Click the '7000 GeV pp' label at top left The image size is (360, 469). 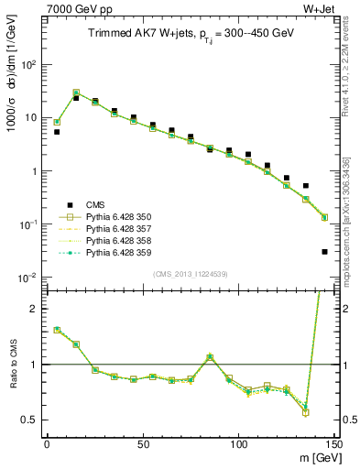[x=71, y=10]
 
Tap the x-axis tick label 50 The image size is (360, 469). [x=143, y=443]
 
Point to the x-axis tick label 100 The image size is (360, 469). [x=238, y=443]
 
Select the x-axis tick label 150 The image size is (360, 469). [x=333, y=443]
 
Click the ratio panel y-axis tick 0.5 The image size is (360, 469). [x=30, y=420]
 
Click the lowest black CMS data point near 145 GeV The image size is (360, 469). [x=324, y=252]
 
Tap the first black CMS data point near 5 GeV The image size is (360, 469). [x=57, y=132]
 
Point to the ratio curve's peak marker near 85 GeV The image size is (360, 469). [x=210, y=357]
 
